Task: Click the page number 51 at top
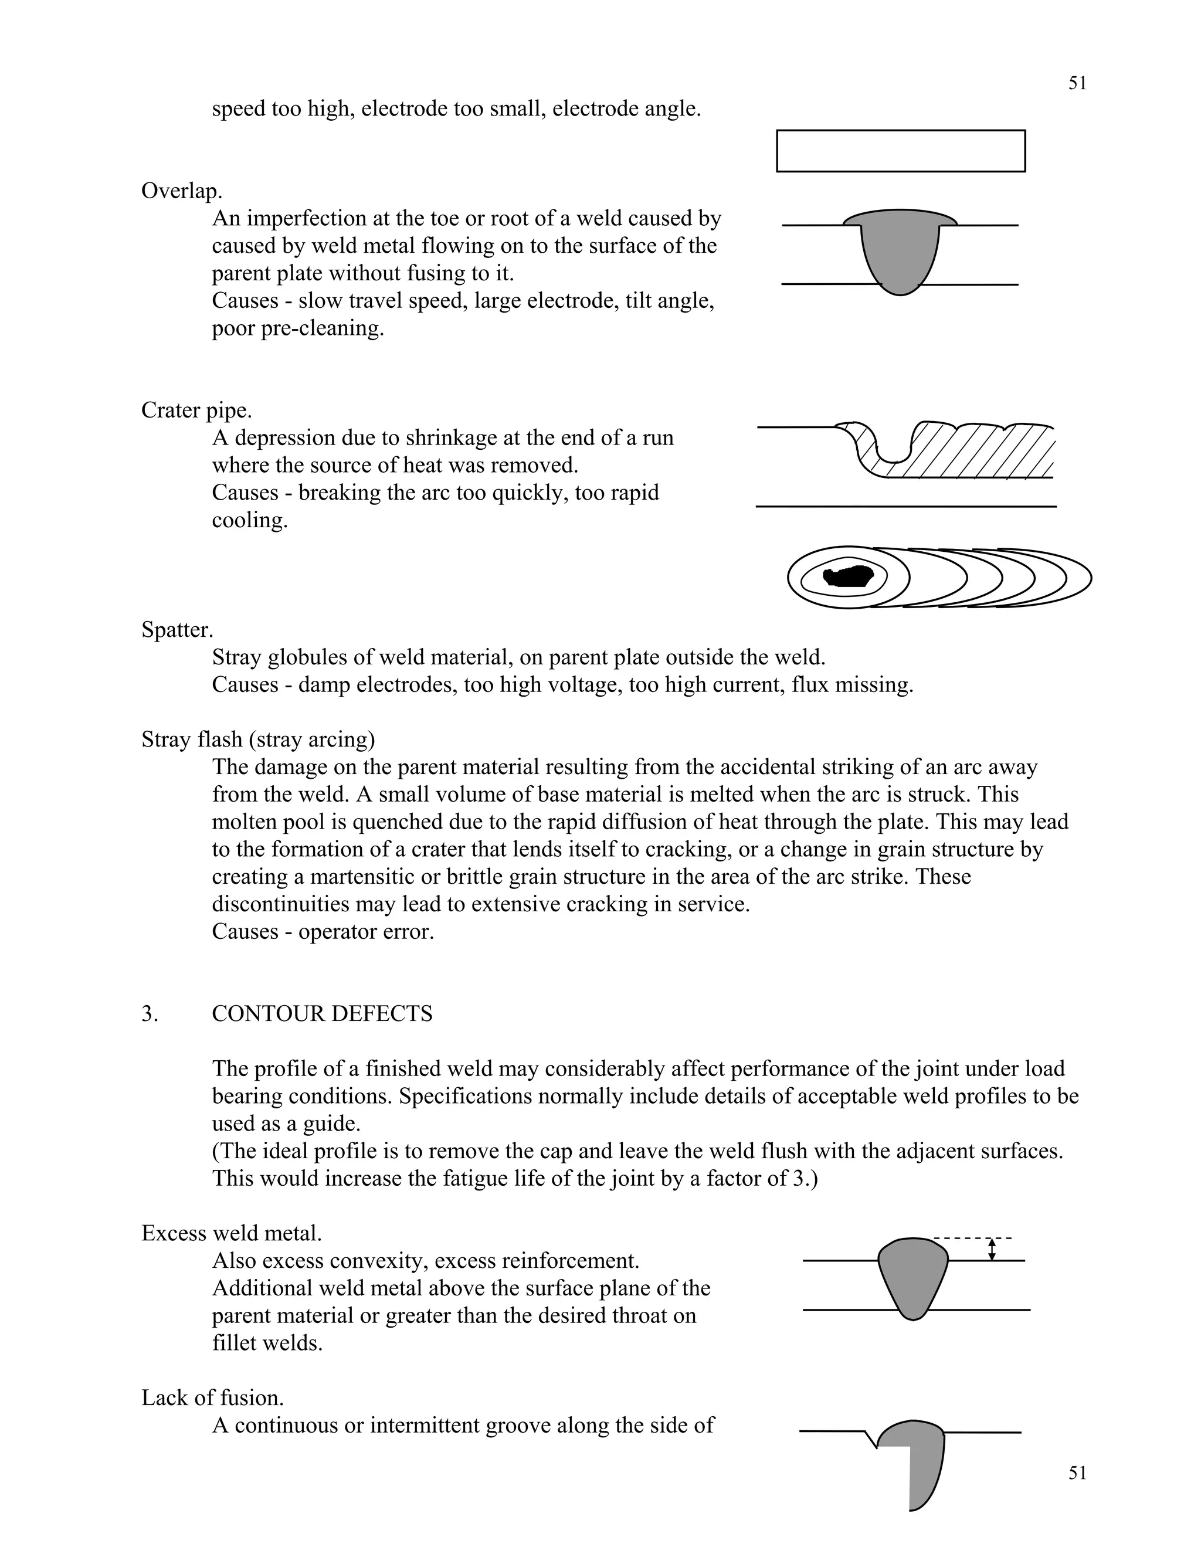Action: click(1077, 83)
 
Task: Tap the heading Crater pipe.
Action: click(196, 410)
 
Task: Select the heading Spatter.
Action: click(177, 630)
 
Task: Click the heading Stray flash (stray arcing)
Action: click(257, 739)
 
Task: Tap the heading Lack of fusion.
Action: click(212, 1397)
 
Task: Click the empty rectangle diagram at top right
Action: click(900, 151)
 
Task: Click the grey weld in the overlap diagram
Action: click(900, 249)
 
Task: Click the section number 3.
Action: click(150, 1013)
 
